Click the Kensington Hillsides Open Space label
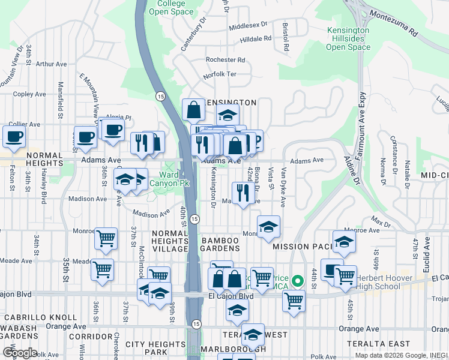click(x=348, y=38)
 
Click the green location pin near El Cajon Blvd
click(x=297, y=280)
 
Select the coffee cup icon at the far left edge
click(x=14, y=136)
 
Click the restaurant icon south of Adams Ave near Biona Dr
click(x=243, y=193)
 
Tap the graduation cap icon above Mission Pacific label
click(x=344, y=241)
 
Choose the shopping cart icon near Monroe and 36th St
click(x=106, y=238)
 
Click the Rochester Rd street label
click(x=225, y=60)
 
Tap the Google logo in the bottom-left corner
click(x=19, y=353)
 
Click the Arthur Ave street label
click(x=49, y=64)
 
